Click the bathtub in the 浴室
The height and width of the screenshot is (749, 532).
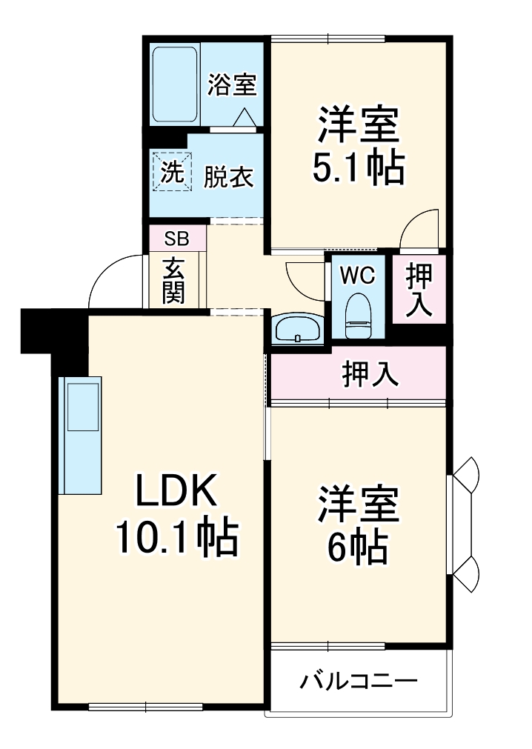[x=175, y=86]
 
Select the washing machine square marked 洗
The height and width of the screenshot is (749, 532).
[x=171, y=173]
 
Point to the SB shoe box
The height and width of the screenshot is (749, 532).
[x=176, y=239]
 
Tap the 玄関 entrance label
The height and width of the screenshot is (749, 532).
[x=174, y=281]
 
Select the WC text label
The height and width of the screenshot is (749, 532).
[x=358, y=275]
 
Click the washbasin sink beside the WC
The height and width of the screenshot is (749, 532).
[x=297, y=328]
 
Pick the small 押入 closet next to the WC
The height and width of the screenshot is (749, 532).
[x=419, y=288]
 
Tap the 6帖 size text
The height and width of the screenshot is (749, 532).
[x=358, y=547]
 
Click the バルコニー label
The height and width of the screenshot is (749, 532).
[x=359, y=680]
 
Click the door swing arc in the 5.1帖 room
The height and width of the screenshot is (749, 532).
[x=421, y=227]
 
